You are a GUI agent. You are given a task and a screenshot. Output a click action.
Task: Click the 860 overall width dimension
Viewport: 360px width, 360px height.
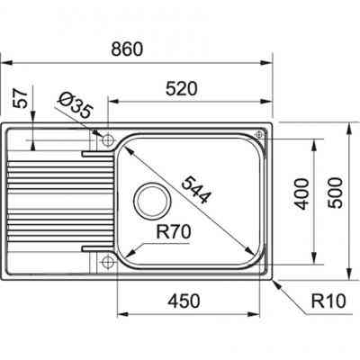130,50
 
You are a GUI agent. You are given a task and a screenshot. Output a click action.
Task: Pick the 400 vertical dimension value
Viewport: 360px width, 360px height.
302,192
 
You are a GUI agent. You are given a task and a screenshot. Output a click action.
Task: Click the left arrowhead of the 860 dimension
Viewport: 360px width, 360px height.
4,63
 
